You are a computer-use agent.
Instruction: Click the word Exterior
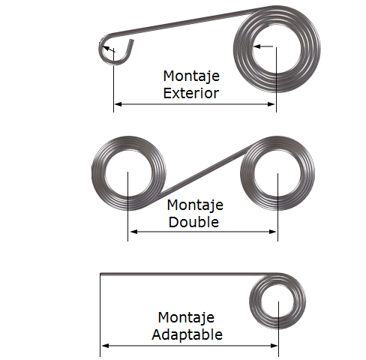pyautogui.click(x=191, y=93)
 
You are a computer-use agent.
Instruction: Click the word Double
pyautogui.click(x=193, y=222)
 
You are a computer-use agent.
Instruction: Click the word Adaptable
pyautogui.click(x=187, y=334)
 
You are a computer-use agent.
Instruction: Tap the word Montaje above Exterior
pyautogui.click(x=191, y=76)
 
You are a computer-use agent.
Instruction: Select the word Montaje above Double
pyautogui.click(x=195, y=205)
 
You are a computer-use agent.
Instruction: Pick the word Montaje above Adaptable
pyautogui.click(x=186, y=317)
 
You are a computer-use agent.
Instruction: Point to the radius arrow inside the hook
pyautogui.click(x=109, y=49)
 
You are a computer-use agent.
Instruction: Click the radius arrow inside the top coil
pyautogui.click(x=263, y=46)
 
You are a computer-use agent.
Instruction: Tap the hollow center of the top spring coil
pyautogui.click(x=277, y=49)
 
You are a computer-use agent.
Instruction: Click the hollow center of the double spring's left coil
pyautogui.click(x=128, y=173)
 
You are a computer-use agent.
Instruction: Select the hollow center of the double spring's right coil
pyautogui.click(x=277, y=173)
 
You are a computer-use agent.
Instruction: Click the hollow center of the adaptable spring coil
pyautogui.click(x=277, y=301)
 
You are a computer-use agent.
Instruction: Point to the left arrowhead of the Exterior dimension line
pyautogui.click(x=118, y=104)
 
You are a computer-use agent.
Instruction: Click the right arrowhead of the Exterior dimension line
pyautogui.click(x=271, y=104)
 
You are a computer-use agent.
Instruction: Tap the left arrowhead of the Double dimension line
pyautogui.click(x=133, y=232)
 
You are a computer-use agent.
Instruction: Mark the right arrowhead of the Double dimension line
pyautogui.click(x=272, y=232)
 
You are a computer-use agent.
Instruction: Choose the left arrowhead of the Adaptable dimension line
pyautogui.click(x=105, y=346)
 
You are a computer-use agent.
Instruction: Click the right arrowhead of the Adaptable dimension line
pyautogui.click(x=274, y=346)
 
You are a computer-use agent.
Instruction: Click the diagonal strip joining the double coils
pyautogui.click(x=204, y=172)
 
